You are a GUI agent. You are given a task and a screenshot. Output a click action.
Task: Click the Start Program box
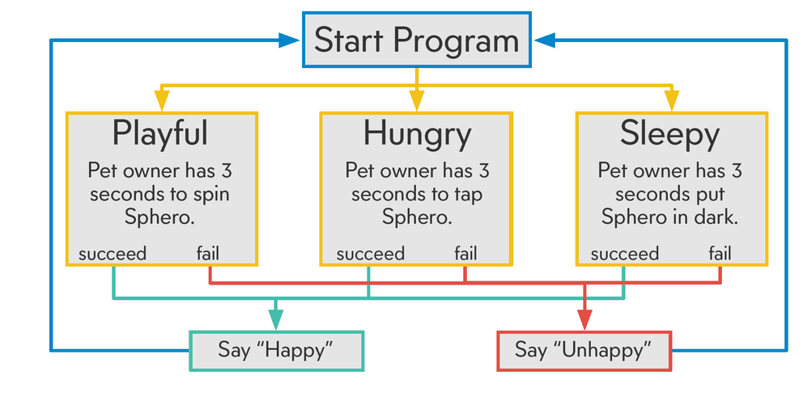click(416, 40)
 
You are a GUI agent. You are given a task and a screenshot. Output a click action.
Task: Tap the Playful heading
click(159, 135)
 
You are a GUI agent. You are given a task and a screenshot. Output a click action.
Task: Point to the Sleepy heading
click(670, 135)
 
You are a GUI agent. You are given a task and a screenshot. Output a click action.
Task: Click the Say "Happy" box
click(277, 351)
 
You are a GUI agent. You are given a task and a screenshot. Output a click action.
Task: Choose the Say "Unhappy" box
click(584, 351)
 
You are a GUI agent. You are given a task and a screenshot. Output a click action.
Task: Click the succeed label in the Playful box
click(113, 254)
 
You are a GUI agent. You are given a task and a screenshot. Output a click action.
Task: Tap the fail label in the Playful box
click(208, 253)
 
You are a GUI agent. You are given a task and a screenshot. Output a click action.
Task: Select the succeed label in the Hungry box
click(370, 254)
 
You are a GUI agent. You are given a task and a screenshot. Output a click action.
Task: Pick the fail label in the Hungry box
click(465, 253)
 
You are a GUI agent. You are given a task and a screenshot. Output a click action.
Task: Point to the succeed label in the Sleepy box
click(625, 254)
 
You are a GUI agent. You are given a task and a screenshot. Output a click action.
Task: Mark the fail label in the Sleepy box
click(720, 253)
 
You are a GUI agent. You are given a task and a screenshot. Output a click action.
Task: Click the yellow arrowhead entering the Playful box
click(162, 100)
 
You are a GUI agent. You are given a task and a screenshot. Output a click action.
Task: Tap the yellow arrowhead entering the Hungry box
click(417, 100)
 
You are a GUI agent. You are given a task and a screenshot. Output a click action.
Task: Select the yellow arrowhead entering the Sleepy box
click(672, 100)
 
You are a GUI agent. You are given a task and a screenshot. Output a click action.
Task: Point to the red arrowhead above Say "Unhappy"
click(584, 319)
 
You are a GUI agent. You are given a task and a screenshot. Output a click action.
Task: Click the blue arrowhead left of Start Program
click(289, 40)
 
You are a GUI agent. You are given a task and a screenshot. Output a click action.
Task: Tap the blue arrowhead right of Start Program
click(545, 40)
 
